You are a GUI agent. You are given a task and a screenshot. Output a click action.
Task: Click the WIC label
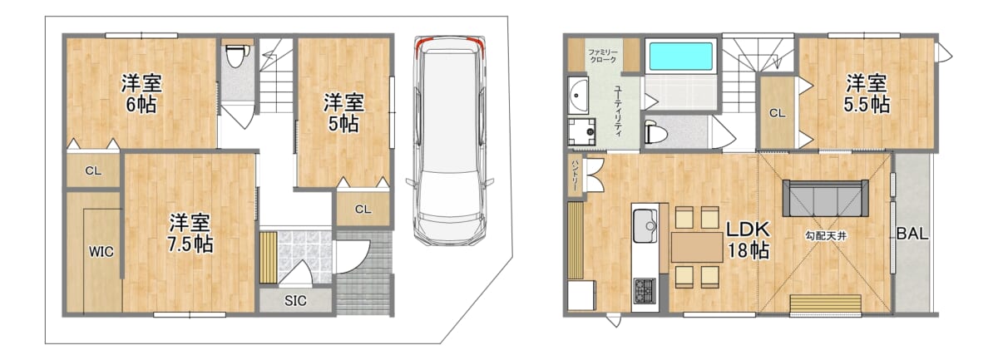(101, 252)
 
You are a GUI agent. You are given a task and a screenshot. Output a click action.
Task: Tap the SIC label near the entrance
(295, 301)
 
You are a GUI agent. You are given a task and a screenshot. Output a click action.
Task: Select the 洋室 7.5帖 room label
(190, 234)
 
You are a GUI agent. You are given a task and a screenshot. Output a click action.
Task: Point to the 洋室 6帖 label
(141, 94)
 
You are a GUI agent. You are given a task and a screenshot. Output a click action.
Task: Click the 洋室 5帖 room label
(343, 113)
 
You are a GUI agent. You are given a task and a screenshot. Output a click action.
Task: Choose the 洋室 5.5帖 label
(867, 94)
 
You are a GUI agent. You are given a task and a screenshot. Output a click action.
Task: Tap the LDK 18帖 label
(748, 240)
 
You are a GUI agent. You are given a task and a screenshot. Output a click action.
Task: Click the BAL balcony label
(912, 234)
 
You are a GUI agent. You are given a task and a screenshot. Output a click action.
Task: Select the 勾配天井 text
(826, 235)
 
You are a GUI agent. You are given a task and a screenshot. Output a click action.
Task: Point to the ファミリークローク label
(603, 56)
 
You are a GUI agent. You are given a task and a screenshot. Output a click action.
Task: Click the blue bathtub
(681, 57)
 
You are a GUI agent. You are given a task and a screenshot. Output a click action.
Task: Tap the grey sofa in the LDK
(825, 198)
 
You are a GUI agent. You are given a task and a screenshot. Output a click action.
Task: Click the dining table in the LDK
(697, 247)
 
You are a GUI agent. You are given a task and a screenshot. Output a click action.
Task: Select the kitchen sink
(645, 225)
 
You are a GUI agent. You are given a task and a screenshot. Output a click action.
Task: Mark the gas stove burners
(645, 290)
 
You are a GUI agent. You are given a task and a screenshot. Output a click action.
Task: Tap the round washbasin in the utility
(578, 95)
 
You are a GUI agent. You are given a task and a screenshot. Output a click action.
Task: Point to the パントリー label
(575, 175)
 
